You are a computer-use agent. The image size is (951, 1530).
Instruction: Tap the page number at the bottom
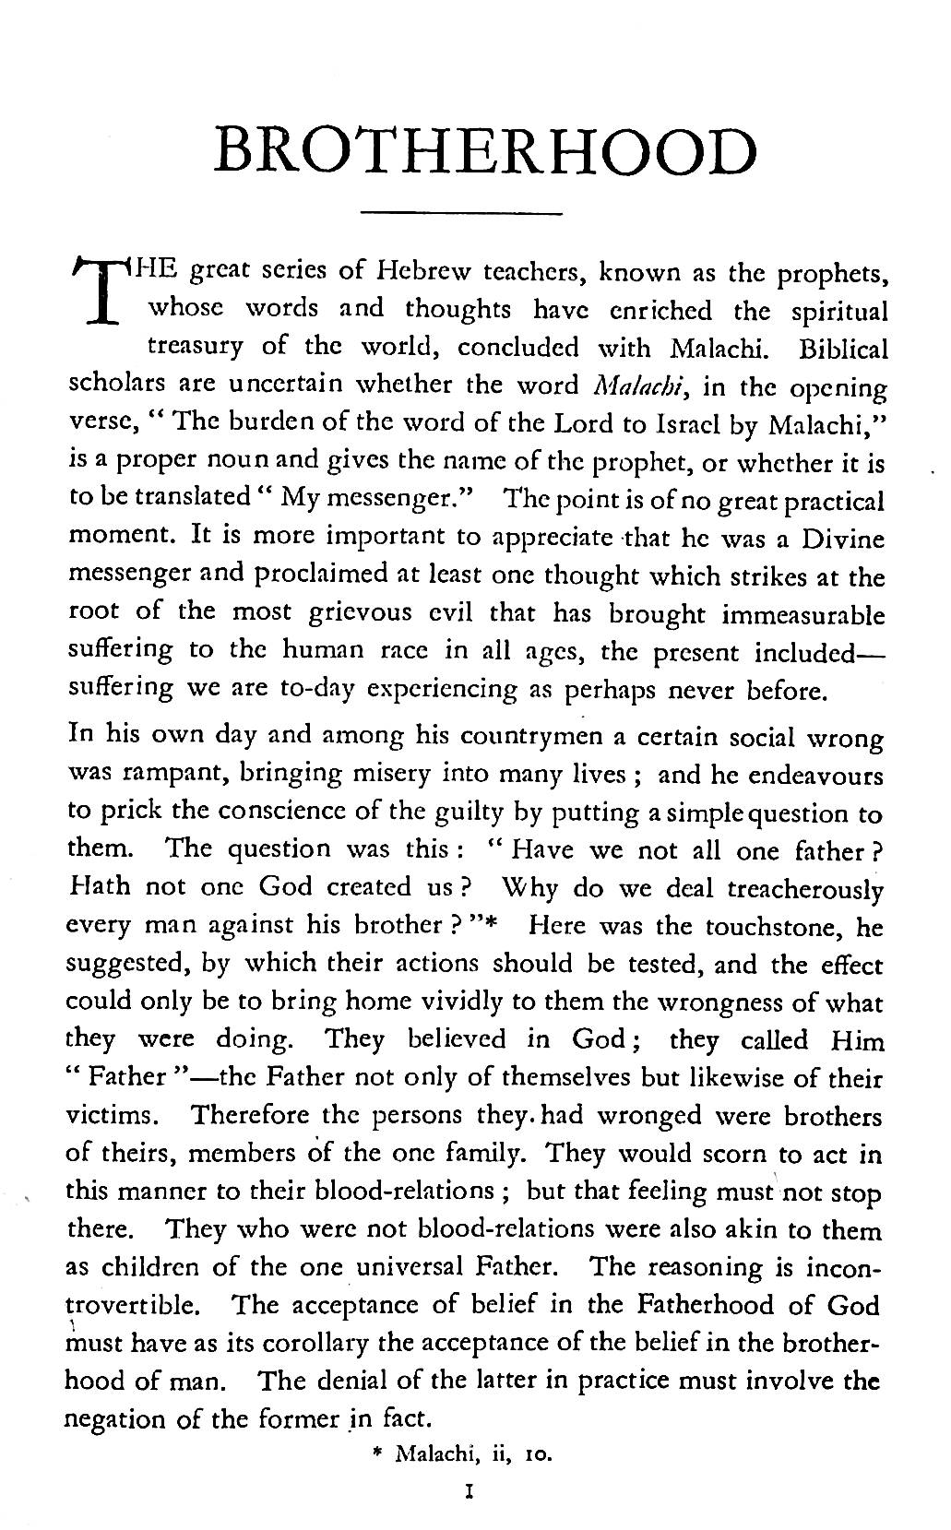point(470,1488)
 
